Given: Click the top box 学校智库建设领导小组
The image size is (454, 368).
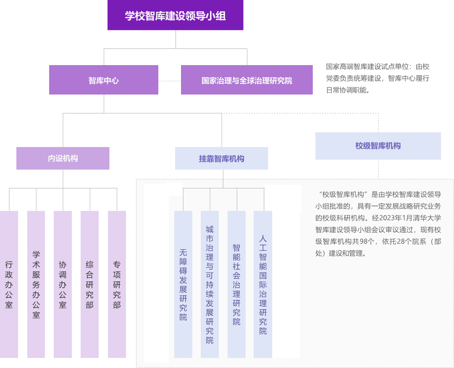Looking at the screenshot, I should pos(175,16).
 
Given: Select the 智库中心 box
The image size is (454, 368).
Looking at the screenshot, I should pos(104,80).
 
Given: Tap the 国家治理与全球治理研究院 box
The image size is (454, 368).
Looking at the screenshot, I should pos(247,80).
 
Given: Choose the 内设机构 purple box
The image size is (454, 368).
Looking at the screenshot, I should pos(63,158).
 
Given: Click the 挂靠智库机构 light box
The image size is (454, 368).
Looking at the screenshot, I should pos(221,158).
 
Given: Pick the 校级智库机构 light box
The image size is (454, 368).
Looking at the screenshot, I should pos(378,146).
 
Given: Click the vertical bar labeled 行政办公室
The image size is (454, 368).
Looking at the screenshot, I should pos(9,284).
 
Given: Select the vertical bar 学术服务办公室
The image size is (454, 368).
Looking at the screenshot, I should pos(36,284).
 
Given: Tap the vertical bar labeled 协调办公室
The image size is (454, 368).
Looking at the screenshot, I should pos(63,284).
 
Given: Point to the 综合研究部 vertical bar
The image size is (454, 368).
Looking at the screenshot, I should pos(89,284).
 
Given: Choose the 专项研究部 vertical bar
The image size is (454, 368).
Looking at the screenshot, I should pos(117,284).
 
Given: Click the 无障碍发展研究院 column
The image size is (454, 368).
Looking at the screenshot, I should pos(183,284).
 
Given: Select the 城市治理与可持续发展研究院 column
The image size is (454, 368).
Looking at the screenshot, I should pos(210,284).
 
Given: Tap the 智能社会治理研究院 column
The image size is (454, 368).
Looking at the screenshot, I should pos(236,284).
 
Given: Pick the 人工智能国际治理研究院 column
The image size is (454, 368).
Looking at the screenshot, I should pos(263,284).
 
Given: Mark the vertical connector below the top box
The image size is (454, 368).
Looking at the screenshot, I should pos(176,39).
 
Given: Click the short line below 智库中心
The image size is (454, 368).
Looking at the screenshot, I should pos(83,113).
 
